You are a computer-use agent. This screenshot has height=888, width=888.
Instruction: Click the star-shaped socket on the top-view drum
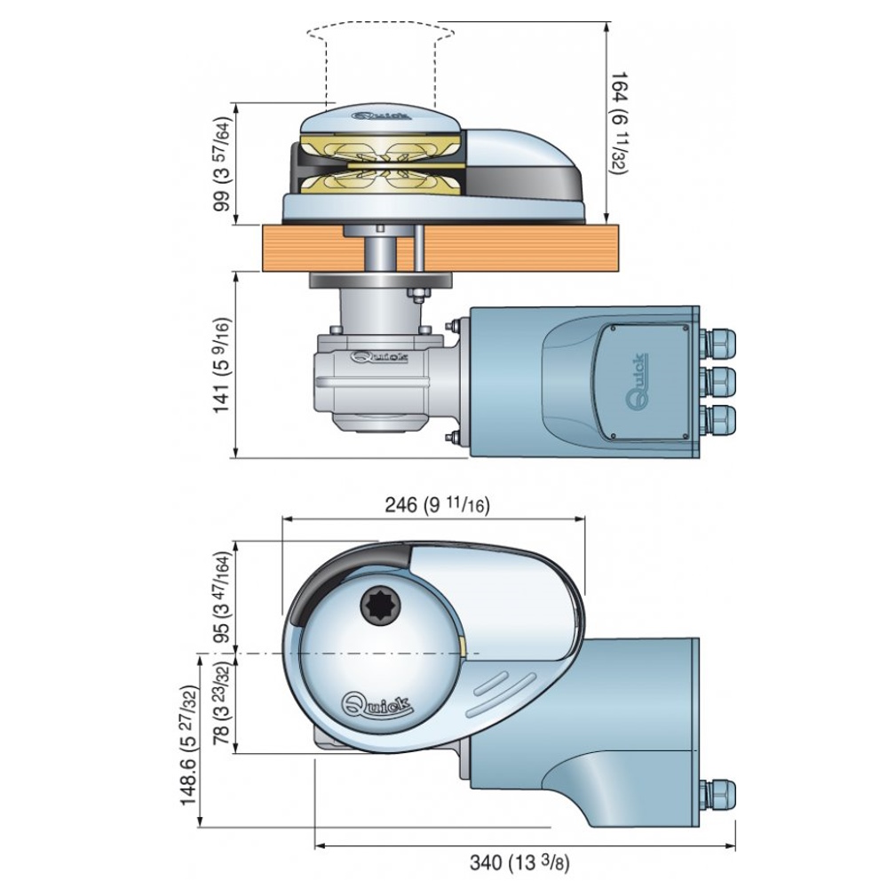[x=380, y=608]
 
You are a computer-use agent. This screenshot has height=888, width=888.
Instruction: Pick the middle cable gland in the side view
[x=718, y=381]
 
